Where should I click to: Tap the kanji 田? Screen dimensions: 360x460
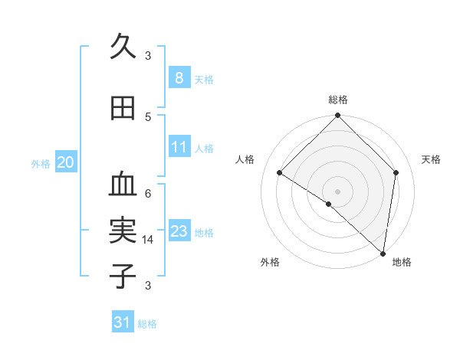coord(123,108)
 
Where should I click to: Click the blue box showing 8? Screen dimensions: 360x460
coord(179,77)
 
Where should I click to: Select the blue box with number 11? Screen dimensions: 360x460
coord(179,147)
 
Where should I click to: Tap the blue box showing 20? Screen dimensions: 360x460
coord(65,162)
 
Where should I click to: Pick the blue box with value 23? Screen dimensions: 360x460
coord(179,231)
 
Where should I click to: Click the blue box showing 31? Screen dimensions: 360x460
coord(123,322)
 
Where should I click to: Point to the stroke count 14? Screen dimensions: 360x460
coord(148,240)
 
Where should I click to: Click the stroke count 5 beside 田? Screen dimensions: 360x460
coord(148,116)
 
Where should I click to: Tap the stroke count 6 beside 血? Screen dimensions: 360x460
coord(148,193)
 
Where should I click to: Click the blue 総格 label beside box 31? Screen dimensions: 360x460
coord(147,324)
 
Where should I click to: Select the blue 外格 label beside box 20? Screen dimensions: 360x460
coord(41,163)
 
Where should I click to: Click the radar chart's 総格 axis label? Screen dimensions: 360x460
coord(337,100)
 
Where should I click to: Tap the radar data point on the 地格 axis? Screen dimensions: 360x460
coord(383,253)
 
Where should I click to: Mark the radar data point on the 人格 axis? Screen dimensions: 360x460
coord(280,172)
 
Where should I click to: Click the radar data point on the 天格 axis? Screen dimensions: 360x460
coord(396,172)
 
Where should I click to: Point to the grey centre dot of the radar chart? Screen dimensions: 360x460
coord(337,191)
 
